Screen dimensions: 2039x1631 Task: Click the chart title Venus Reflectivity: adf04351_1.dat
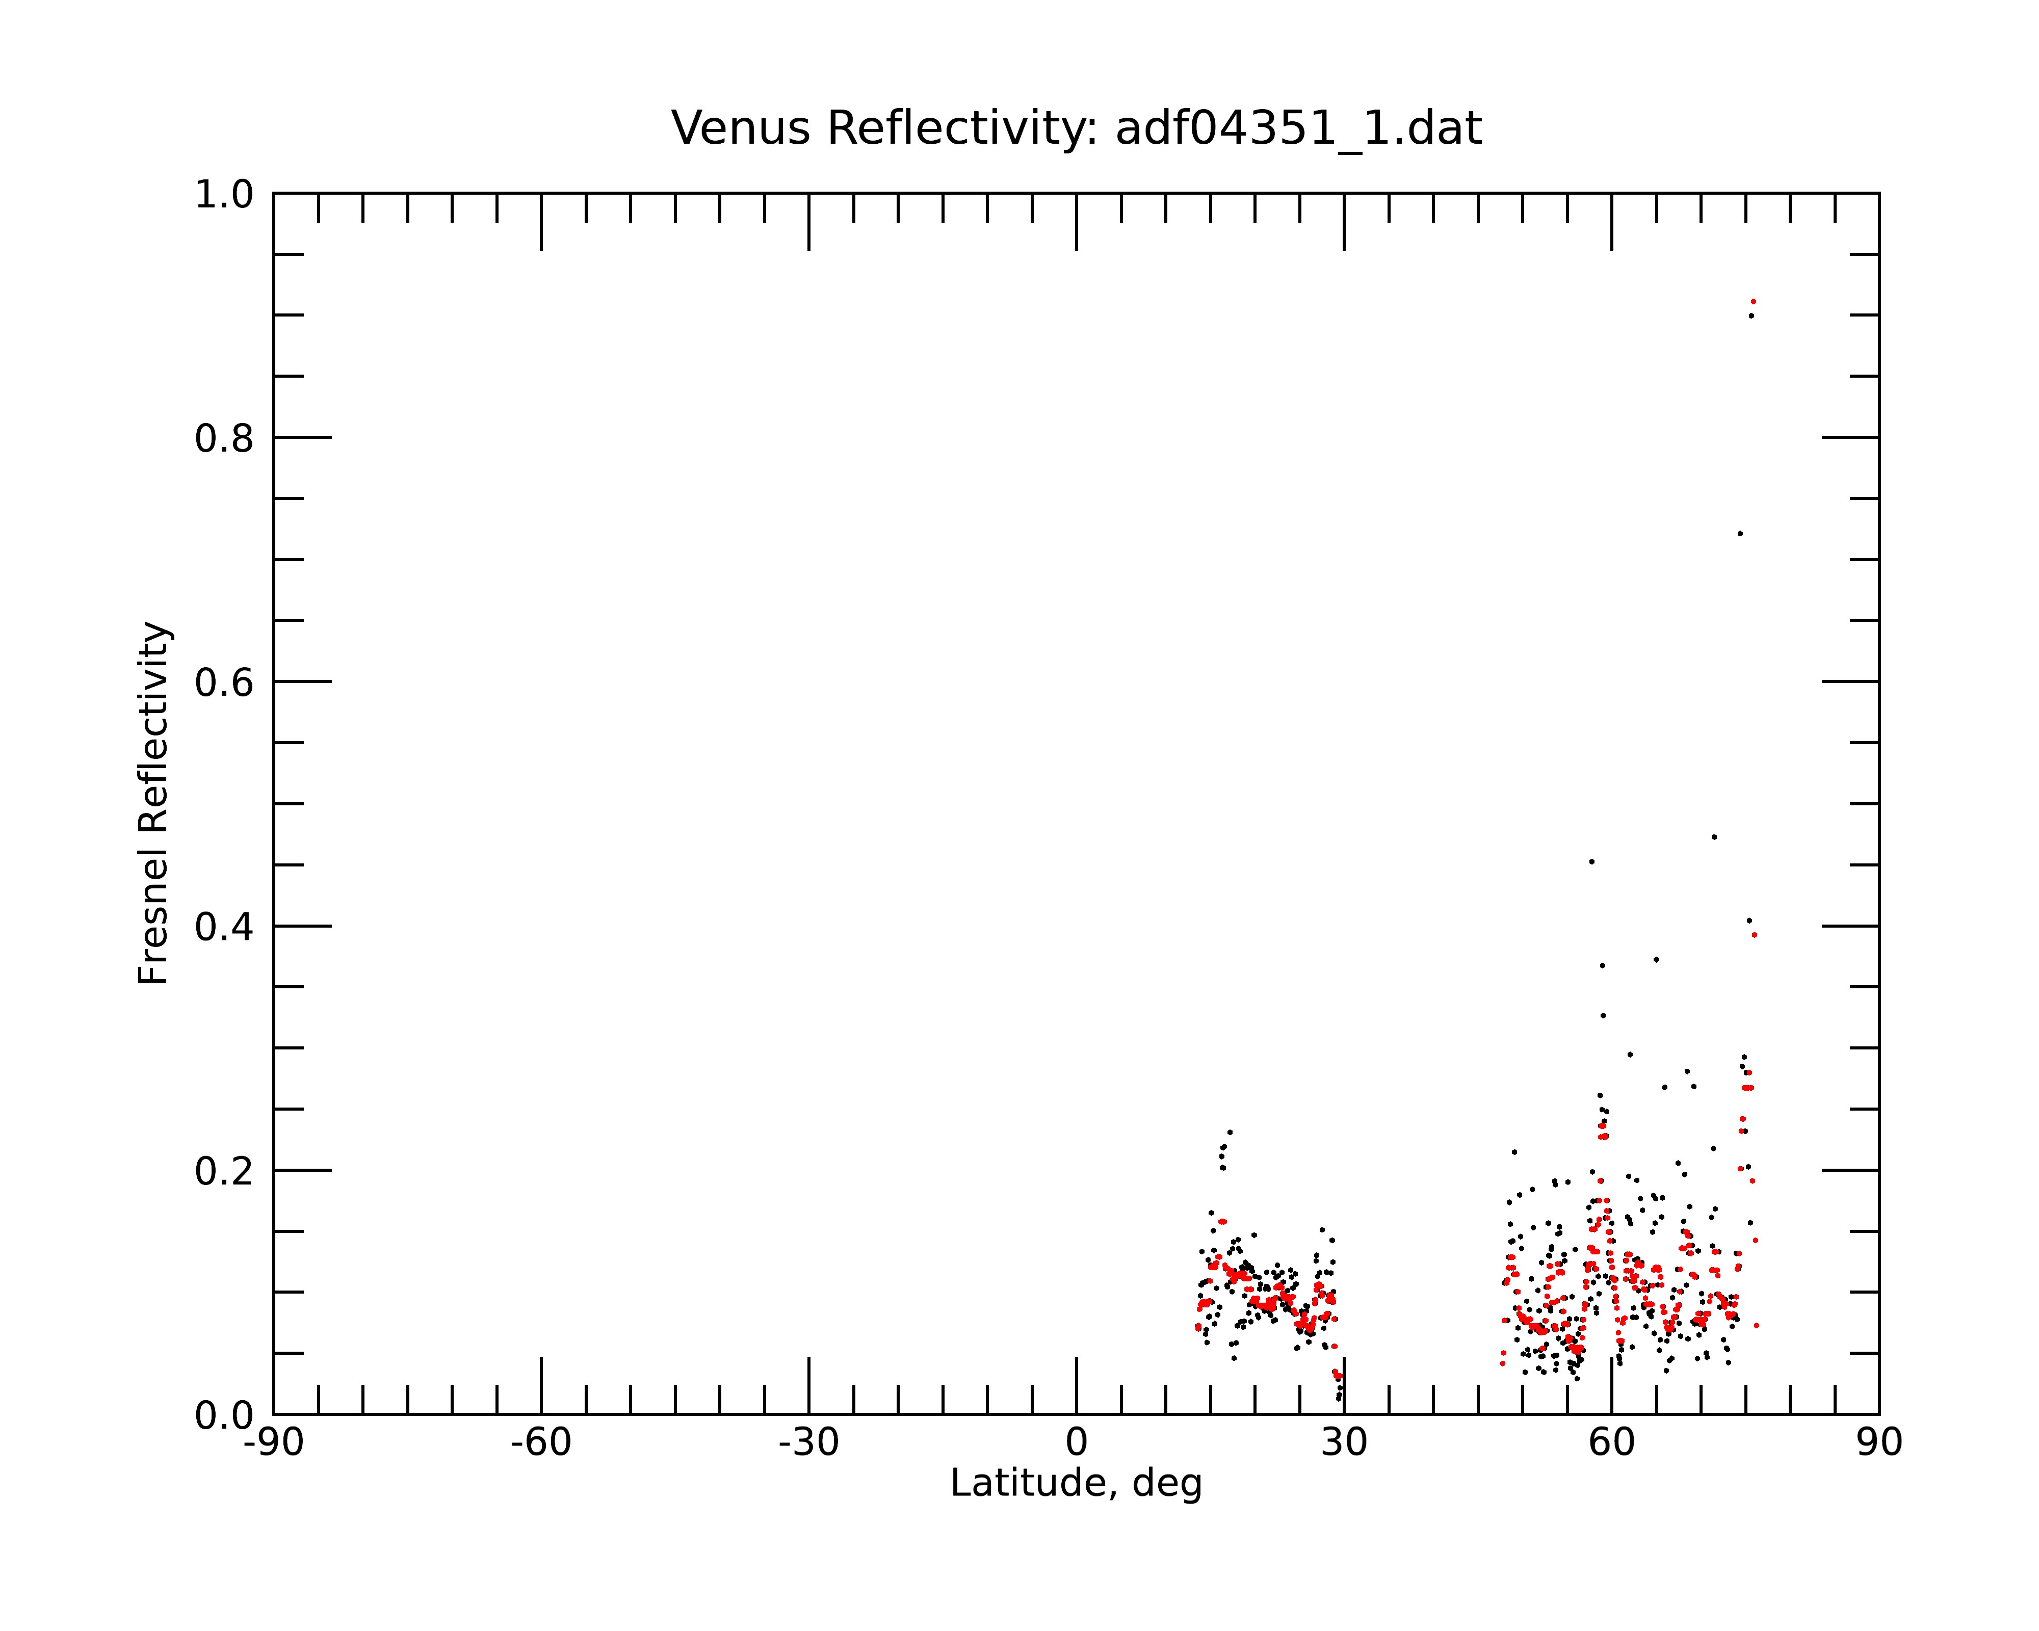pos(1076,128)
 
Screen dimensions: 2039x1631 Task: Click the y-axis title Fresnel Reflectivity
pos(154,803)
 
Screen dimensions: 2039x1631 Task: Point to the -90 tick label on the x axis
pos(273,1443)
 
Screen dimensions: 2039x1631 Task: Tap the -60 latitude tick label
pos(541,1443)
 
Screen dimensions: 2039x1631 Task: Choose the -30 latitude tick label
pos(808,1443)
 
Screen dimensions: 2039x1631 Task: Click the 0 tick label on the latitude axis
pos(1076,1443)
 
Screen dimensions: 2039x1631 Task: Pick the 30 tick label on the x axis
pos(1344,1443)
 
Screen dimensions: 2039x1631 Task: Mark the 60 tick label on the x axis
pos(1611,1443)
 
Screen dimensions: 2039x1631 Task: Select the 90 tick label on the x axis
pos(1879,1443)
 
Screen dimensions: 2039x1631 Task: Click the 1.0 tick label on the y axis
pos(224,195)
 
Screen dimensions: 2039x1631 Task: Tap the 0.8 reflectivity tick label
pos(224,439)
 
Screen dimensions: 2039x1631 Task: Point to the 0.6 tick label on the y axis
pos(224,682)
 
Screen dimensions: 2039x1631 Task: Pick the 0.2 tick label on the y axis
pos(224,1171)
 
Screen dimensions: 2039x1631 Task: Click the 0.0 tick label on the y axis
pos(224,1415)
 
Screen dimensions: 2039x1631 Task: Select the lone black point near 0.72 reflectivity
pos(1739,533)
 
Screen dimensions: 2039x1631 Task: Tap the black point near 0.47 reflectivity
pos(1714,837)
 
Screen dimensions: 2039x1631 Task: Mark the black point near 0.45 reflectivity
pos(1591,861)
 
